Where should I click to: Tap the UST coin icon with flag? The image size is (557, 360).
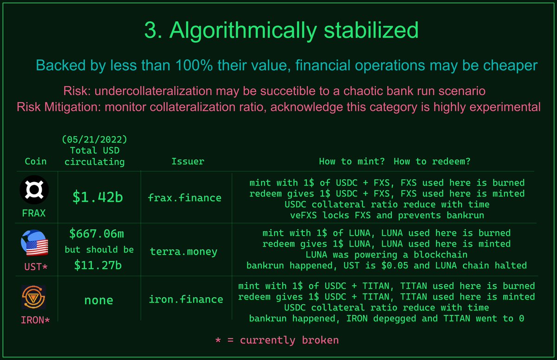tap(34, 245)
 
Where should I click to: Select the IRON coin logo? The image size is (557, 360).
tap(34, 298)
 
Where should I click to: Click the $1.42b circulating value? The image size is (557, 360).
tap(97, 197)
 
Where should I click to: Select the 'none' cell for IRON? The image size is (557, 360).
tap(98, 300)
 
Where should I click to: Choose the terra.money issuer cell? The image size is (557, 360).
tap(183, 252)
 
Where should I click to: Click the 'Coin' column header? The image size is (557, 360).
tap(36, 162)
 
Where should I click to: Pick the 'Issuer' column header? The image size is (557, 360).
tap(188, 162)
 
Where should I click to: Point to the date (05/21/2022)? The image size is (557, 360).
tap(95, 139)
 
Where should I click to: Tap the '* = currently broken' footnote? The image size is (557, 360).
tap(277, 340)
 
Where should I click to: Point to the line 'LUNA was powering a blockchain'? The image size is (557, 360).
tap(386, 255)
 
